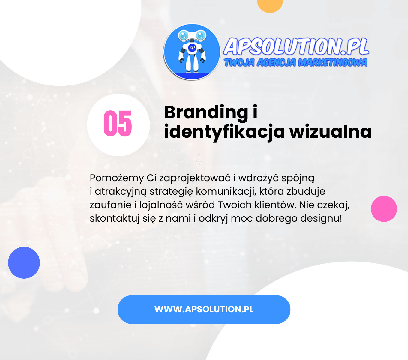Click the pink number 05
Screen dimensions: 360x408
point(118,124)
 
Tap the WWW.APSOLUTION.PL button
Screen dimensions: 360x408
point(204,309)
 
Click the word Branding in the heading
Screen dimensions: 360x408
point(206,113)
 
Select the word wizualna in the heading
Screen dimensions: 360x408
point(330,131)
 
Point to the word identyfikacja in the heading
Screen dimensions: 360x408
point(224,132)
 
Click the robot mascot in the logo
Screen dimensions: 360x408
point(192,52)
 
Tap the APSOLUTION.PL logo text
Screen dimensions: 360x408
point(296,47)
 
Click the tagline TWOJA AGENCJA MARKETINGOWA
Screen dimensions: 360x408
point(295,62)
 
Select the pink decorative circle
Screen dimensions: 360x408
point(384,209)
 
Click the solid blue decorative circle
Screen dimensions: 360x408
point(24,263)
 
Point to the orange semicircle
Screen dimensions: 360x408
point(270,5)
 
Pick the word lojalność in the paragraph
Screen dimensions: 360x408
point(161,205)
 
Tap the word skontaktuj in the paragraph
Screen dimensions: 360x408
point(115,218)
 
